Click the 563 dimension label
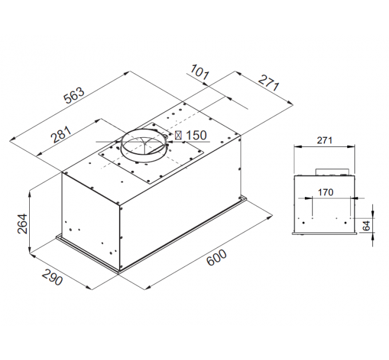tap(74, 95)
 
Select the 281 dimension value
tap(61, 136)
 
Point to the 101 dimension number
tap(200, 73)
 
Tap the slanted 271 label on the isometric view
tap(268, 83)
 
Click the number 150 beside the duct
tap(196, 135)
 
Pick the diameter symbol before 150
tap(178, 135)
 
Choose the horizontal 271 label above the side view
tap(324, 140)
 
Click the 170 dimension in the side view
tap(325, 192)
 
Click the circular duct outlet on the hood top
tap(143, 147)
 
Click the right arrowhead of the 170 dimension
tap(351, 198)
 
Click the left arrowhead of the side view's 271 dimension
tap(296, 146)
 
